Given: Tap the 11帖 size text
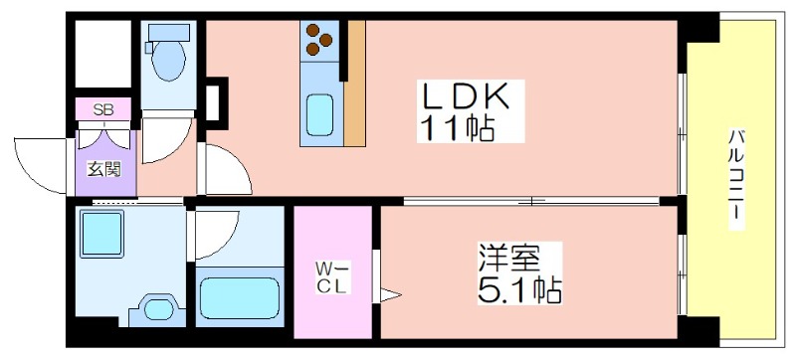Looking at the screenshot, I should point(458,128).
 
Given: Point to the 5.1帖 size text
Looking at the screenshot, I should point(518,290).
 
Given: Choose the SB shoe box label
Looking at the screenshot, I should point(102,109).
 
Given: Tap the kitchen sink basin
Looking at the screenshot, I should point(320,116).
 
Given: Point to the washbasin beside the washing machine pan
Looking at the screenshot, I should point(157,307).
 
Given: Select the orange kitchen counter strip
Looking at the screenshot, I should point(355,84).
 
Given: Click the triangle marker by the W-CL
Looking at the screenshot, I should point(390,294).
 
